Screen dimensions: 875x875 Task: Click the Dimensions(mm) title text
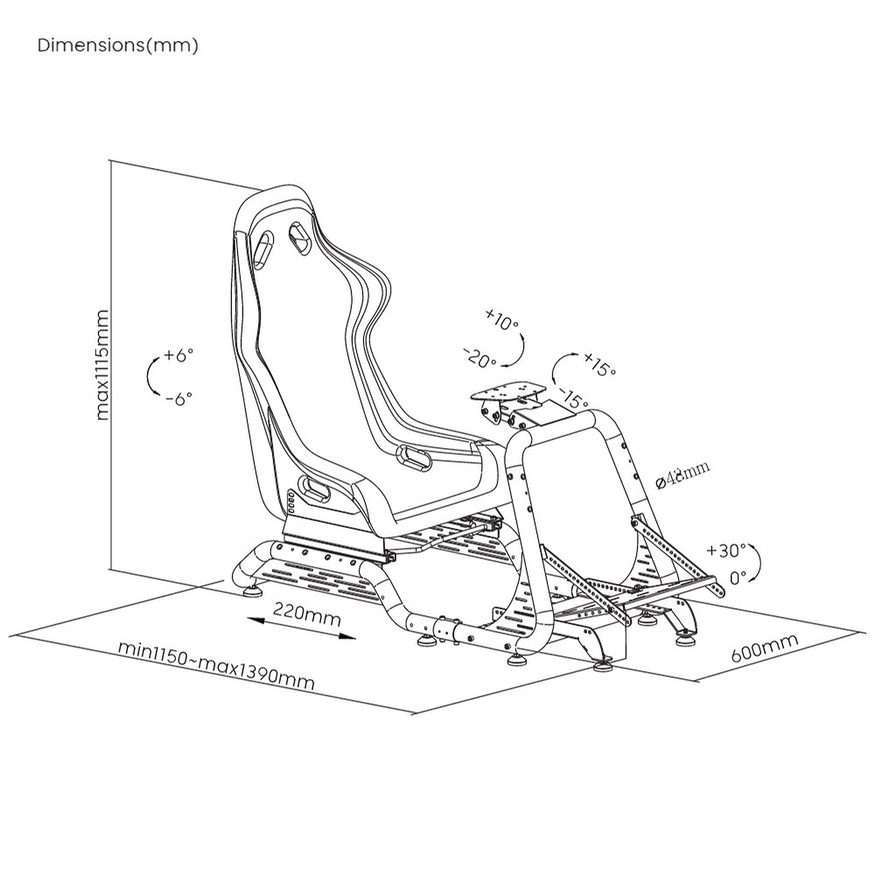point(118,45)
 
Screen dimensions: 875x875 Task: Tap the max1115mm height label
point(102,365)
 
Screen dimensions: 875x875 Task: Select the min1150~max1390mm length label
point(217,666)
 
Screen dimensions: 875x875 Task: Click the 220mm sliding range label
point(307,614)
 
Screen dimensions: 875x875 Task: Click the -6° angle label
point(179,398)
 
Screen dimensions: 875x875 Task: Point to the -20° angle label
point(480,358)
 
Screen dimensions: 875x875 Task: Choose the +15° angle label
point(599,364)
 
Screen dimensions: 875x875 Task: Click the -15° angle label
point(573,398)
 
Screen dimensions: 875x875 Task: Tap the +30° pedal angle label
point(726,550)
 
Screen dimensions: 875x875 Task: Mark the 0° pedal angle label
point(738,577)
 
